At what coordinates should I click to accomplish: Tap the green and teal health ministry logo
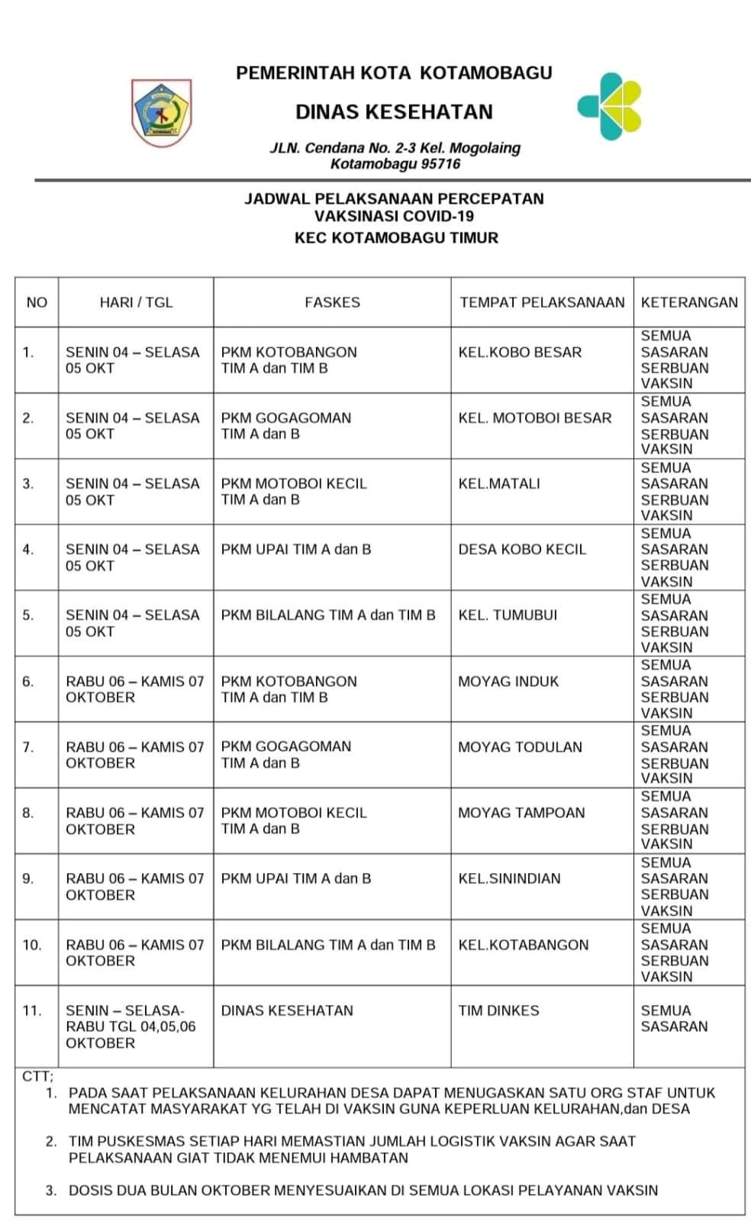tap(610, 106)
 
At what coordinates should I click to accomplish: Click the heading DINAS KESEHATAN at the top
tap(394, 112)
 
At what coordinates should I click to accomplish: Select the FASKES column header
tap(332, 302)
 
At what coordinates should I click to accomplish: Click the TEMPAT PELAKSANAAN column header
tap(542, 302)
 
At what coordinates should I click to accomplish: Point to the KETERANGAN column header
tap(689, 302)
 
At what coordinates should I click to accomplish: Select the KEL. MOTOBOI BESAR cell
tap(535, 418)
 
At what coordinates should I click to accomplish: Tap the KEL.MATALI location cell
tap(499, 484)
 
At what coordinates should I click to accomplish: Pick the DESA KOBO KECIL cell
tap(522, 549)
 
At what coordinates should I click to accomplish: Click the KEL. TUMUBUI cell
tap(508, 615)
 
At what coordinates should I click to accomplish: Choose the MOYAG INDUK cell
tap(508, 681)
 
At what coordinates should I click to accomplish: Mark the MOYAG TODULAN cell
tap(520, 747)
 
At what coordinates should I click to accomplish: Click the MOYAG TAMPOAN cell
tap(521, 813)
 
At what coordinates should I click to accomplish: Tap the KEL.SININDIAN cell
tap(509, 878)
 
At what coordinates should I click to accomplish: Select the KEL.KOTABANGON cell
tap(524, 945)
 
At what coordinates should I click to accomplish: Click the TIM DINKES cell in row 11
tap(498, 1010)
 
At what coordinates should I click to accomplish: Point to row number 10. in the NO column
tap(32, 945)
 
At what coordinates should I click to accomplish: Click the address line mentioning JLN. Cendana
tap(395, 148)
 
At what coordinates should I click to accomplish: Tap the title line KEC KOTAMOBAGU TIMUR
tap(396, 237)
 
